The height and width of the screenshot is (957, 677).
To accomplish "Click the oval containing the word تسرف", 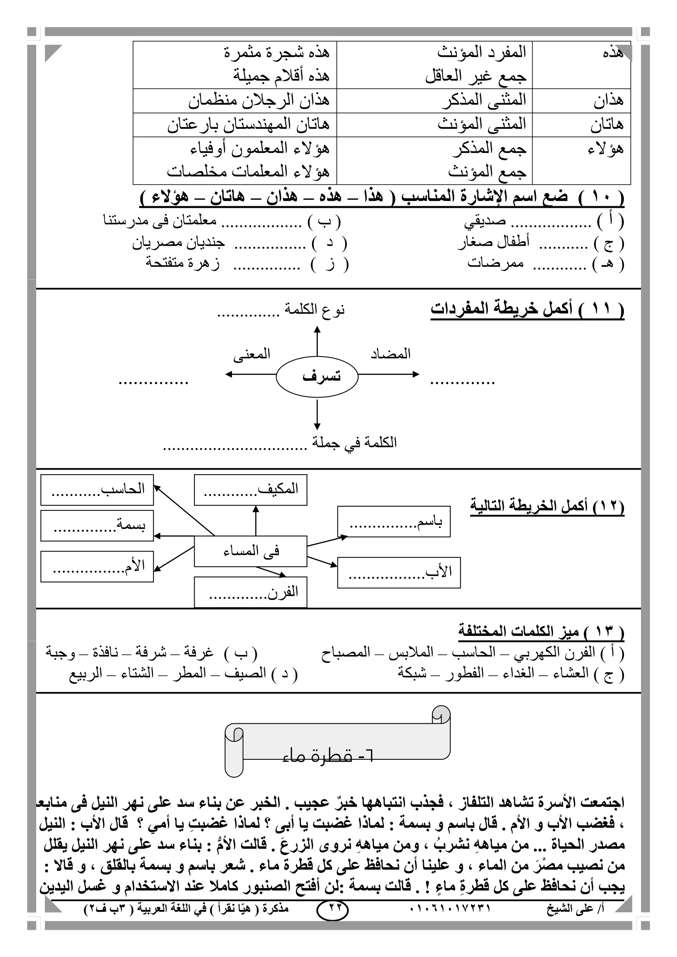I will [317, 376].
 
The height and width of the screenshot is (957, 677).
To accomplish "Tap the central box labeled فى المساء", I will [251, 551].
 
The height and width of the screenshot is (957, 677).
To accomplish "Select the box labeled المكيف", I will [251, 490].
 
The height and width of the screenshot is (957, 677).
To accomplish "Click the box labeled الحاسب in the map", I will [97, 490].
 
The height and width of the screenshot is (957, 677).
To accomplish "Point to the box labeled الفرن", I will [251, 592].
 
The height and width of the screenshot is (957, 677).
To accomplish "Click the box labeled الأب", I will [399, 572].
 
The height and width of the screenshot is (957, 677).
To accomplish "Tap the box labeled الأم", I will [97, 566].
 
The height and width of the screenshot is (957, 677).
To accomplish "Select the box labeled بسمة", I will [97, 526].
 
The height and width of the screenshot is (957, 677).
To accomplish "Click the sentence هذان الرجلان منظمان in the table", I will [259, 100].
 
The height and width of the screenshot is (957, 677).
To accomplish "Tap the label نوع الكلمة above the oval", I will [314, 310].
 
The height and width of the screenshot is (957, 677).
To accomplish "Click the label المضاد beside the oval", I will [391, 354].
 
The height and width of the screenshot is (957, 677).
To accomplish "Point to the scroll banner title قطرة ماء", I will [328, 756].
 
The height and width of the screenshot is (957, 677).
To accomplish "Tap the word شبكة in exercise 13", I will [412, 673].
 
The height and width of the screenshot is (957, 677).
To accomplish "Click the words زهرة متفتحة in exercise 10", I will [182, 263].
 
